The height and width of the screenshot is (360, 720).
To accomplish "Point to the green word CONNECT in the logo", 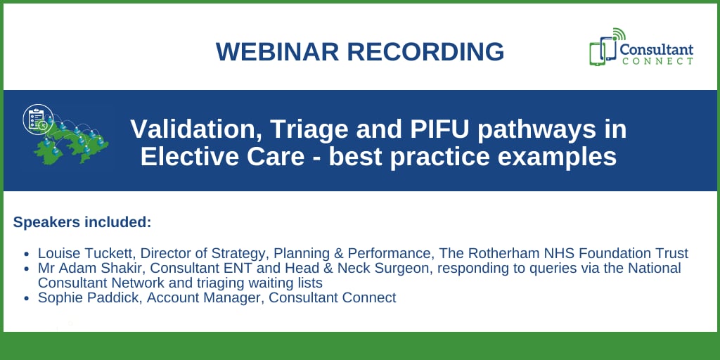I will tap(657, 61).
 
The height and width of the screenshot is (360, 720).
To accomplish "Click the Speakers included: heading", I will tap(82, 222).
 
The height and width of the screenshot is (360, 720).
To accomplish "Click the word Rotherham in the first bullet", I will tap(527, 253).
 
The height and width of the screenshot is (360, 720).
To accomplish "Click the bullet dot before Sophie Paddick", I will tap(26, 298).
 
